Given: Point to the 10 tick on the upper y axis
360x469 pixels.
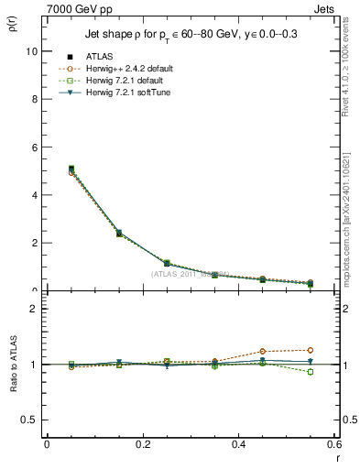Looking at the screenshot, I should (x=32, y=51).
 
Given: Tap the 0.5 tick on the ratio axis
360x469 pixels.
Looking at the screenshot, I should (x=30, y=420).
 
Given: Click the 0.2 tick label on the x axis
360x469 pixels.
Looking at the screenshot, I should (x=142, y=444).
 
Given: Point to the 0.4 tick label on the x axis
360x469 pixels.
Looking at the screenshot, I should (x=238, y=444).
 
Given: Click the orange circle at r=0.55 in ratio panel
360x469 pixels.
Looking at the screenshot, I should (x=311, y=350).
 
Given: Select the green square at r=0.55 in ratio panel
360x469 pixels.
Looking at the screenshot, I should (x=311, y=372).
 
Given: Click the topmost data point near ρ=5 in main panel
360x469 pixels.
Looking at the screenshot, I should (x=47, y=169).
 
